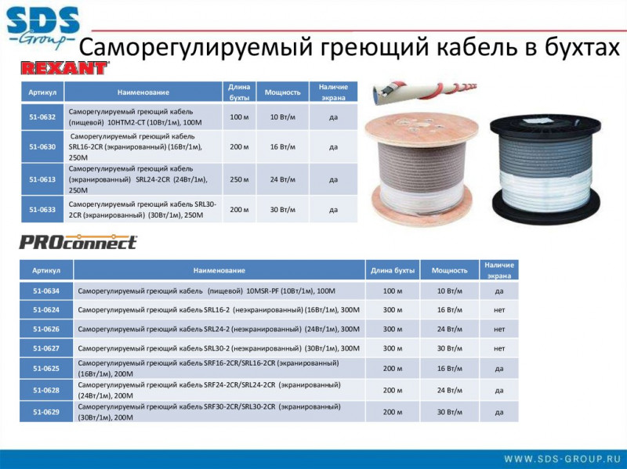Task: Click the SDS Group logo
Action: coord(43,27)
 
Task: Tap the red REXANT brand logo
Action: coord(64,68)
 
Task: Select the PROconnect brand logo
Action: coord(78,242)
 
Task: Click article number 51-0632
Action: coord(42,117)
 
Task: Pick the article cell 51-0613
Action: coord(42,179)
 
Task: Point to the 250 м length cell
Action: coord(239,179)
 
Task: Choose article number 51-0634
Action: coord(46,290)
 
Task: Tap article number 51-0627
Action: coord(46,348)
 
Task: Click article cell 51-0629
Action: coord(46,412)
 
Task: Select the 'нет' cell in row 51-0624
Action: coord(499,310)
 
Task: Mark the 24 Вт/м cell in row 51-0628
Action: coord(449,390)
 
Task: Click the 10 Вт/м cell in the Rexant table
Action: coord(283,117)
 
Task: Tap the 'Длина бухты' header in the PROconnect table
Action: coord(393,270)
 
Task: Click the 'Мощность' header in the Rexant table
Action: coord(283,92)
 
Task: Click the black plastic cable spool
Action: coord(545,169)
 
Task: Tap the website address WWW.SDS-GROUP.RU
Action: coord(562,459)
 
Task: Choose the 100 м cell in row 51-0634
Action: coord(393,290)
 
